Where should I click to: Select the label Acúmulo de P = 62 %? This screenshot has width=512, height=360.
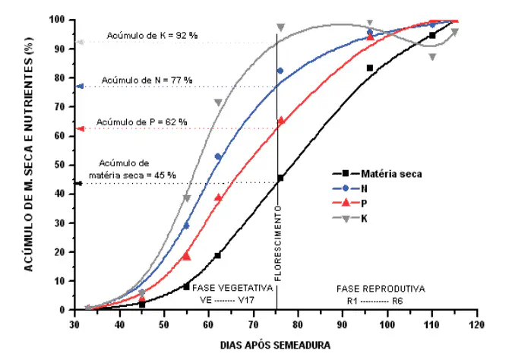[141, 122]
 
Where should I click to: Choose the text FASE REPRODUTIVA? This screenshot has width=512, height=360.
[381, 289]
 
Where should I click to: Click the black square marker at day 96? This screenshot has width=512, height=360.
[370, 68]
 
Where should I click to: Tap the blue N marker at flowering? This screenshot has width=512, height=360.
[280, 71]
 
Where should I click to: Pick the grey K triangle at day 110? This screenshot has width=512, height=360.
[432, 57]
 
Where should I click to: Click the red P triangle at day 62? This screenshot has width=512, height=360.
[218, 197]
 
